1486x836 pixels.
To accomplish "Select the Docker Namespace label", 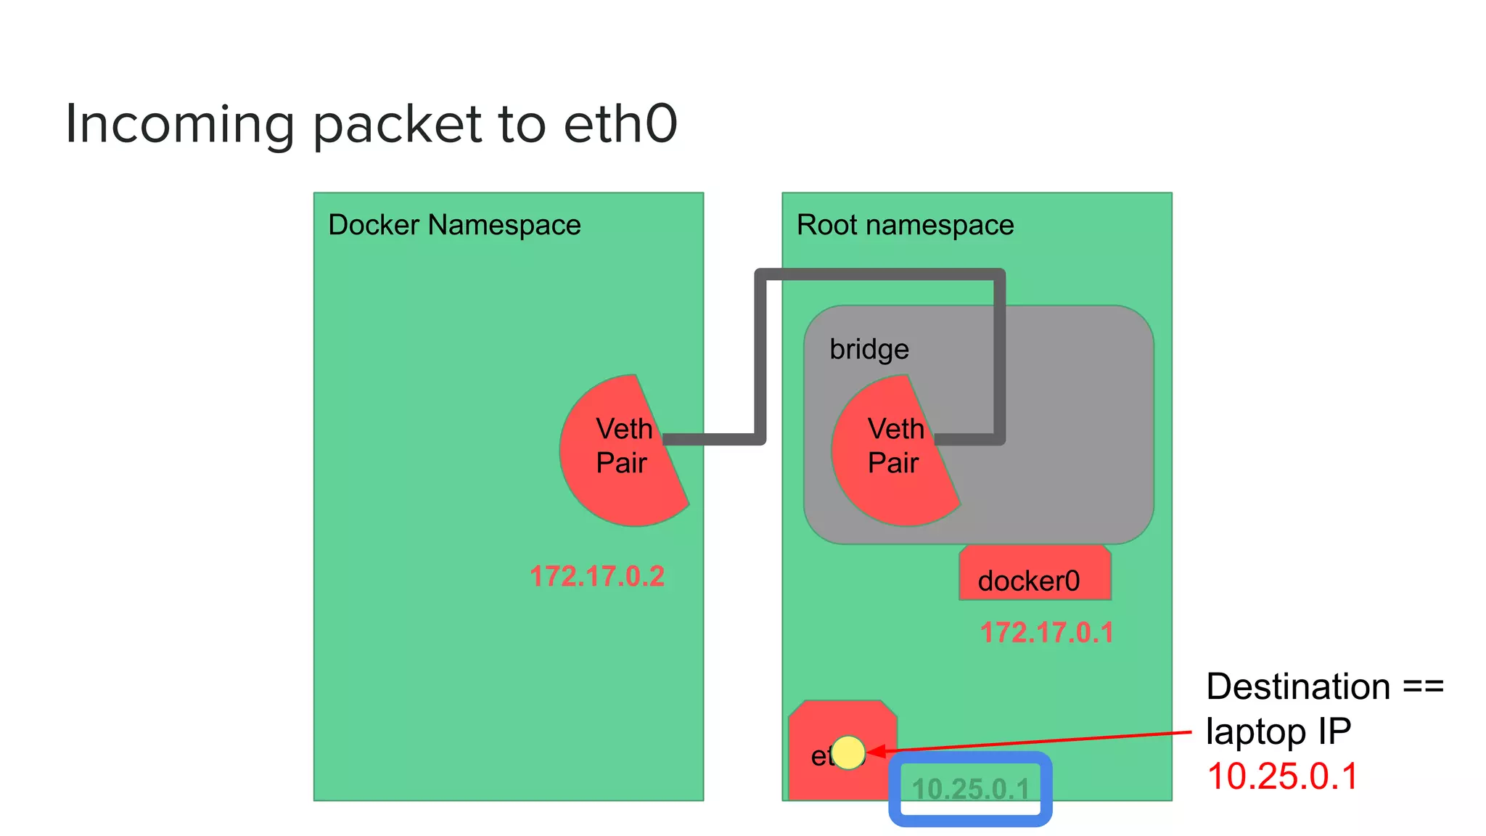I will (x=454, y=225).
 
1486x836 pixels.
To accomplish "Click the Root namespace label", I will (x=905, y=225).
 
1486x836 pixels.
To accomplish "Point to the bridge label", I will (x=869, y=349).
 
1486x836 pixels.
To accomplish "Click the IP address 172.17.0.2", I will (x=596, y=576).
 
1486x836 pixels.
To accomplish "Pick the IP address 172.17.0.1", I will (x=1046, y=632).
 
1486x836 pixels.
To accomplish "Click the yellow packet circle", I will (x=848, y=752).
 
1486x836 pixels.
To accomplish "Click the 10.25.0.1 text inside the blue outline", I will (x=970, y=789).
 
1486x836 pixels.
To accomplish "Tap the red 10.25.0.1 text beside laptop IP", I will (x=1281, y=776).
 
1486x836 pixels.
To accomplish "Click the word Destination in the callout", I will (x=1297, y=687).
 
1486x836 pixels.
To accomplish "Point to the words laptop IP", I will (x=1278, y=731).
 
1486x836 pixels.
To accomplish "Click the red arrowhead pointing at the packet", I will (x=877, y=751).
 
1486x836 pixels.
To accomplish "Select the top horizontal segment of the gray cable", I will (x=879, y=274).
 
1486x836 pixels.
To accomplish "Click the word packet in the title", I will (x=398, y=124).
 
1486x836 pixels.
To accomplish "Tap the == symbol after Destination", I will (x=1423, y=687).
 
